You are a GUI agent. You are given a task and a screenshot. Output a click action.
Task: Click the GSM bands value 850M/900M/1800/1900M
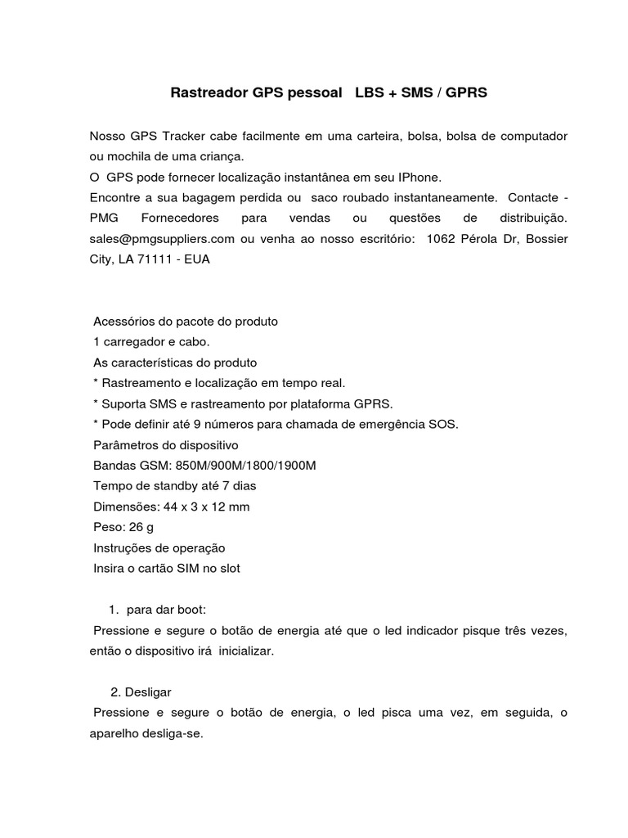245,466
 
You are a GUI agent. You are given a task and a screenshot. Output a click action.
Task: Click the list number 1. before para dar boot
114,610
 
